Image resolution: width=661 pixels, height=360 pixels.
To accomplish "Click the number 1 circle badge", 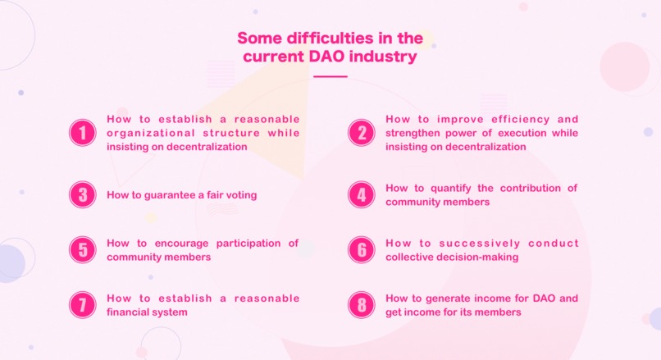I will (x=83, y=133).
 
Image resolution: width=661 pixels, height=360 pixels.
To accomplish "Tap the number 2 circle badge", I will (x=361, y=133).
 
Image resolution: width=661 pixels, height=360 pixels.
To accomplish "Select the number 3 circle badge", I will (x=83, y=195).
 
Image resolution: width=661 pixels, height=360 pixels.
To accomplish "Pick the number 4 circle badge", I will (x=361, y=195).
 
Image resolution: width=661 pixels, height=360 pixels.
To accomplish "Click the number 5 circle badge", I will (x=83, y=250).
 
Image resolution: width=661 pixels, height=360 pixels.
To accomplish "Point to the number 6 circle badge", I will (x=361, y=250).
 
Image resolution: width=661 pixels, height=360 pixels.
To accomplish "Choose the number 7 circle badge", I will (x=83, y=305).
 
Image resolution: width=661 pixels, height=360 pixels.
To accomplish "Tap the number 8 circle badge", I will (x=361, y=305).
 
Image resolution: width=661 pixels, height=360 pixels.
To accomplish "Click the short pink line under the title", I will (x=330, y=76).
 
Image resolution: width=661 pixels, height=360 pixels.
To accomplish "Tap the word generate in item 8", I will (x=443, y=298).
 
